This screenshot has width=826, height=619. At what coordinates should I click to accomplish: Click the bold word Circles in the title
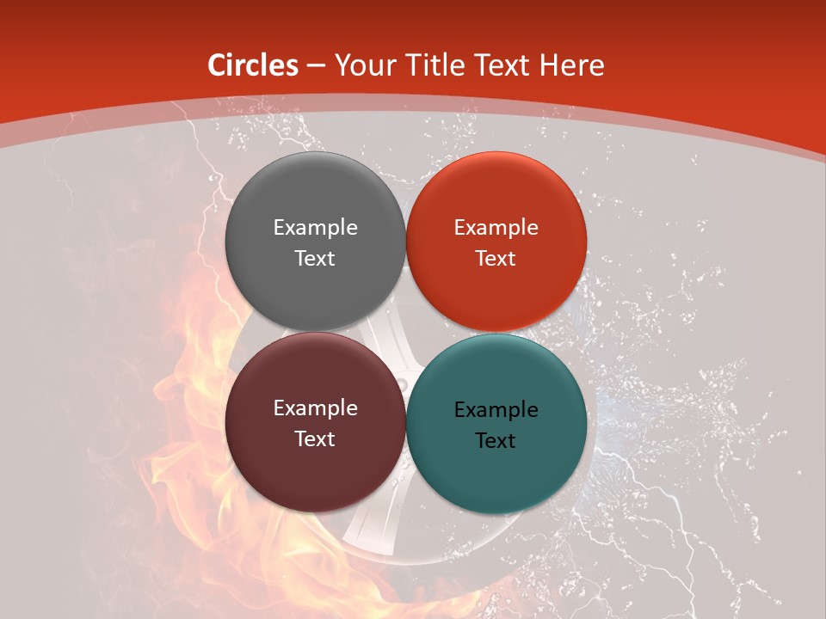[x=252, y=65]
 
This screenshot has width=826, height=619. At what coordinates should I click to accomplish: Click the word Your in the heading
[x=363, y=65]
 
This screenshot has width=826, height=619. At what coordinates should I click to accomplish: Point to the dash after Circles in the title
[x=316, y=66]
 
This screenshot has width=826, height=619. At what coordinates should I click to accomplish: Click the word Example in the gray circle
[x=315, y=227]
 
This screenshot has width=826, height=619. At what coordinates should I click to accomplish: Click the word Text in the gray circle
[x=315, y=258]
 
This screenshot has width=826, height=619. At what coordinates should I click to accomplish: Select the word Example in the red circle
[x=496, y=227]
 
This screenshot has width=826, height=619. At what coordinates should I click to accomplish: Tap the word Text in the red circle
[x=496, y=258]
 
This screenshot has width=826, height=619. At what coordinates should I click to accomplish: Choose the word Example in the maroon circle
[x=315, y=408]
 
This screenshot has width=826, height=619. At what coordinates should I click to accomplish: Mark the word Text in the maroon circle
[x=315, y=438]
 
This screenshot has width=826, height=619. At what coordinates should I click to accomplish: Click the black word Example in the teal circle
[x=496, y=410]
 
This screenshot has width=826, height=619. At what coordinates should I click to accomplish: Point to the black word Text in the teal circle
[x=496, y=441]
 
